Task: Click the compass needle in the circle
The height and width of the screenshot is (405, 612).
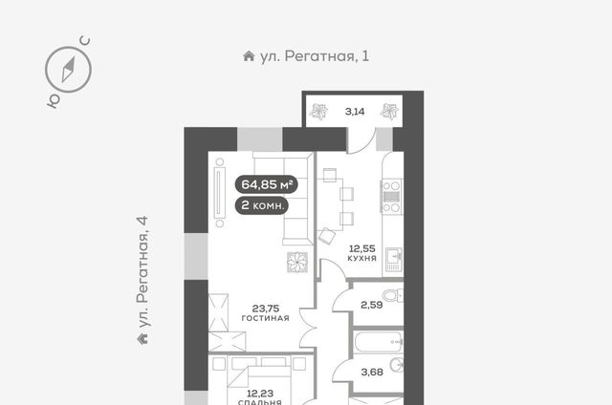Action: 68,70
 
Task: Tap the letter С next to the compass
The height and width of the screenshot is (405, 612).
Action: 85,40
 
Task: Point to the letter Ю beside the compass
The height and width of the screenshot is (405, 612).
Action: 54,100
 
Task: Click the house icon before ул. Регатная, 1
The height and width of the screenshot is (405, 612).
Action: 249,56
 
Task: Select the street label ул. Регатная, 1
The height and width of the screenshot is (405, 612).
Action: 315,56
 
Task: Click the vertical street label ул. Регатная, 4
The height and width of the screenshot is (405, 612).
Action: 142,272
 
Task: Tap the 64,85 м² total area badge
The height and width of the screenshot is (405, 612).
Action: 267,184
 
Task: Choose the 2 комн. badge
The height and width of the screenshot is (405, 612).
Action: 262,205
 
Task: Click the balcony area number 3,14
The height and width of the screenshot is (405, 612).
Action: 355,112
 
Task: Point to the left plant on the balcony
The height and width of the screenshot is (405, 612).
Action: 318,112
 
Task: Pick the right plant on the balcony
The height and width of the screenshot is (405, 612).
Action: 389,111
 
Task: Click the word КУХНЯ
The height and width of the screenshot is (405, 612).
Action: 361,258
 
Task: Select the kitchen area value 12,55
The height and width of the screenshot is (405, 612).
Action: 361,248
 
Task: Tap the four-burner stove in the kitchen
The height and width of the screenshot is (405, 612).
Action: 391,196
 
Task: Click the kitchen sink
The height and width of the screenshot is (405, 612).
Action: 394,259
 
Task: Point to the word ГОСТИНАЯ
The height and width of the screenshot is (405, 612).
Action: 266,318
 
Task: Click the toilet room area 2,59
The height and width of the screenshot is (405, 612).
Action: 372,305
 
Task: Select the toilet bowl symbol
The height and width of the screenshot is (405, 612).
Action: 393,295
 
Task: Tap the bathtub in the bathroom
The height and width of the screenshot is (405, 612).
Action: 379,342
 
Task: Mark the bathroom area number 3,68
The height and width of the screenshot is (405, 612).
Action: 372,373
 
